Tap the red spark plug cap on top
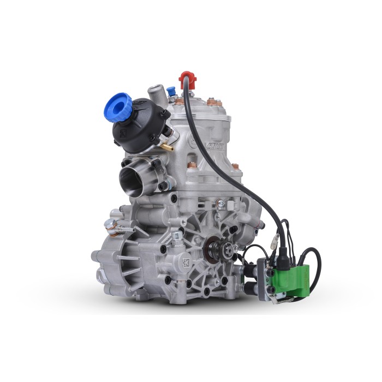[187, 77]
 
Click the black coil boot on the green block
[283, 257]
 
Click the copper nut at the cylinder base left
[192, 164]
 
